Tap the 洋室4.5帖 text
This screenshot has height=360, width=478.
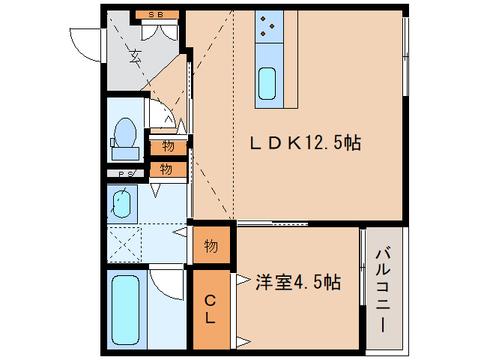click(x=298, y=283)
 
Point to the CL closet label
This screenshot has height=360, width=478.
click(x=211, y=309)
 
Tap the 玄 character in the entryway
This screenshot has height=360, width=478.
click(x=136, y=55)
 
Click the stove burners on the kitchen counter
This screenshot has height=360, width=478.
click(x=268, y=26)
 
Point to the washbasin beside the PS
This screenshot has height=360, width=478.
click(x=121, y=202)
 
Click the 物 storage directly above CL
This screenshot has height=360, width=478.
click(x=211, y=246)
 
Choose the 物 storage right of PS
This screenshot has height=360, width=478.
click(x=167, y=169)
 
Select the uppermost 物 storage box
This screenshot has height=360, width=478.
click(x=167, y=145)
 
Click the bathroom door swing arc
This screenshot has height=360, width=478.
click(x=166, y=283)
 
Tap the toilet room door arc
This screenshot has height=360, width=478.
click(x=160, y=114)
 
